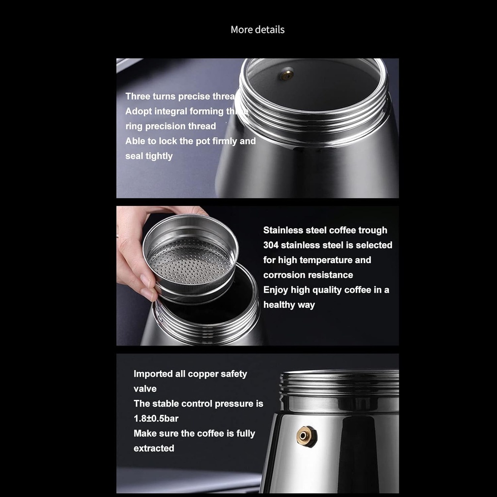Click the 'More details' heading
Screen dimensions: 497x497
[257, 30]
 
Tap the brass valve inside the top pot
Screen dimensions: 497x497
[287, 74]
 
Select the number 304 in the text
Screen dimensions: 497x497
[271, 245]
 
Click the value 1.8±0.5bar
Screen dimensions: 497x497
[156, 418]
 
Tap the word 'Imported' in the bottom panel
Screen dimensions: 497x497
[153, 374]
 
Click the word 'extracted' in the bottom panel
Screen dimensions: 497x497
[154, 448]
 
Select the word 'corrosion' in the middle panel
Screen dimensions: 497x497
[283, 275]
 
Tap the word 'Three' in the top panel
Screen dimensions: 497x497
[138, 96]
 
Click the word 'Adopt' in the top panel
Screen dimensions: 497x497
[138, 111]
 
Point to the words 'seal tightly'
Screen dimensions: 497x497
[149, 156]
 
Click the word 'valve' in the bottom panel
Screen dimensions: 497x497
[145, 389]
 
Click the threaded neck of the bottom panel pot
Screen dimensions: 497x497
[340, 383]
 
